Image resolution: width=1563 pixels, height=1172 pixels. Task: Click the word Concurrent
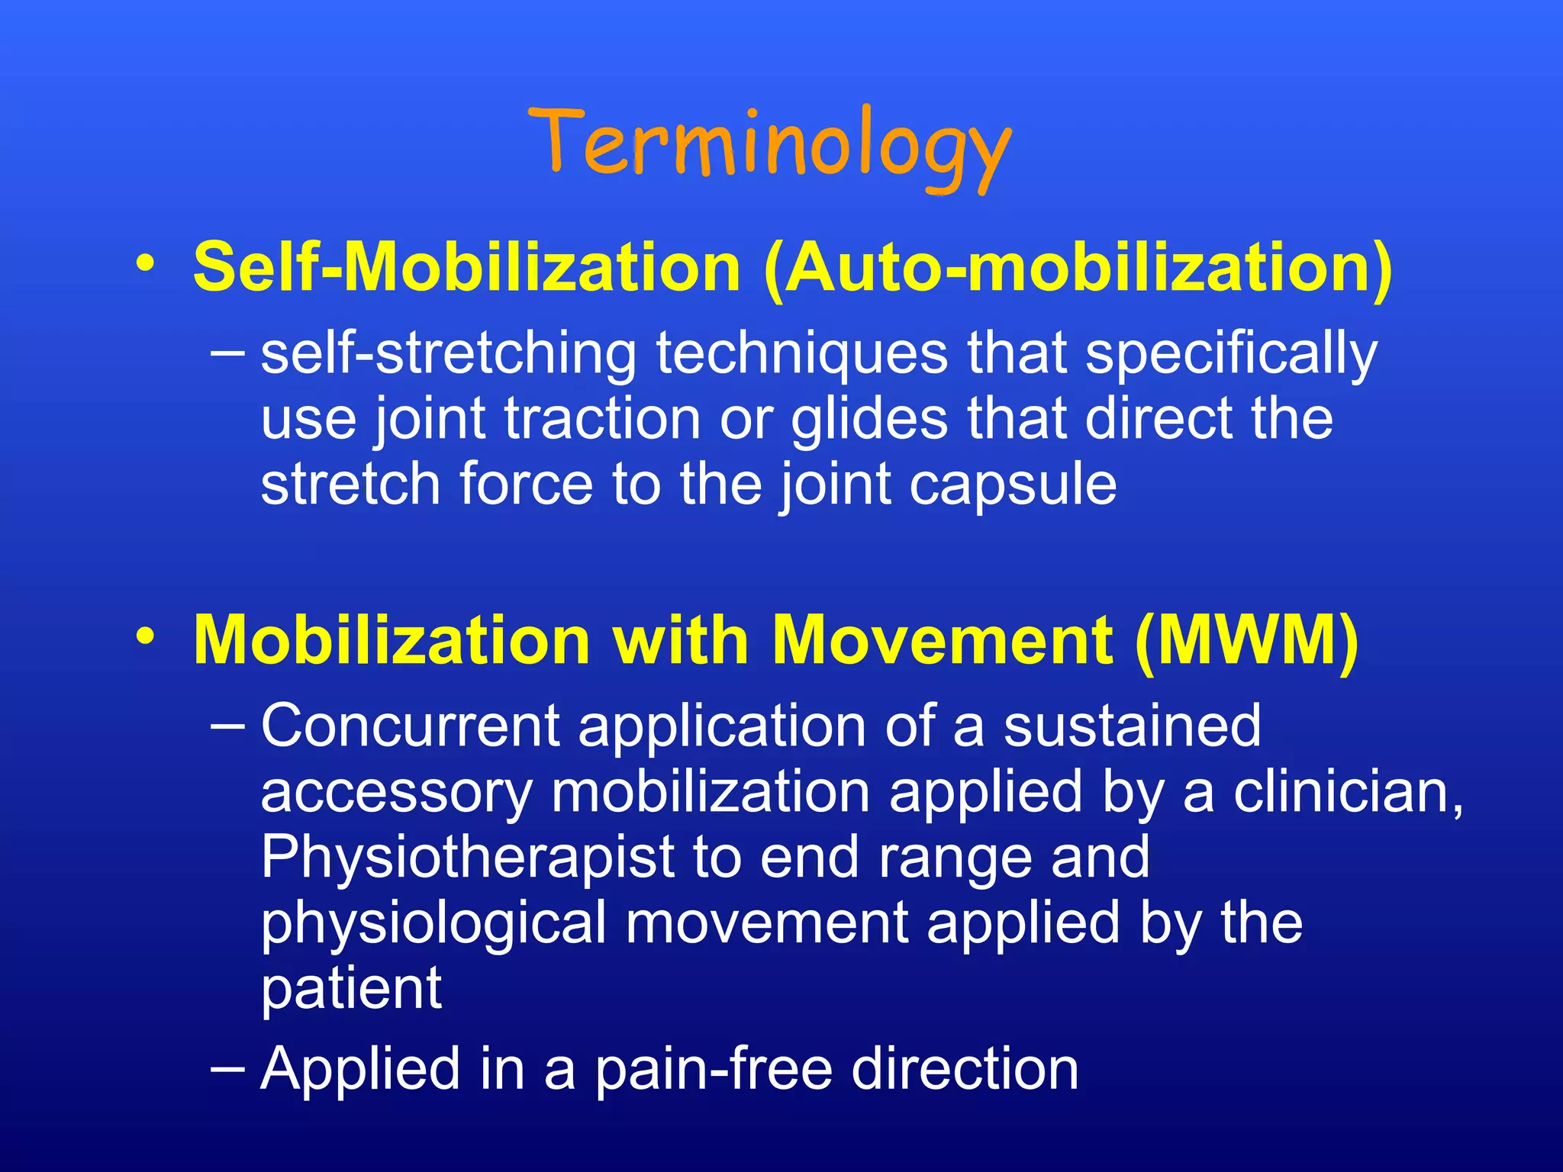[411, 726]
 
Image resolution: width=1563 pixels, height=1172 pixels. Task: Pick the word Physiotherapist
[467, 857]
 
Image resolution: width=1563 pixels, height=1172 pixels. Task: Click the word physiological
[433, 923]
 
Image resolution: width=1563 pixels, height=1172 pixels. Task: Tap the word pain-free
[713, 1069]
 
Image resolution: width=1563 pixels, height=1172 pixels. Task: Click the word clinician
[1347, 792]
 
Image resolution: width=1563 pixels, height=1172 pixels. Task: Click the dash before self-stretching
[227, 353]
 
